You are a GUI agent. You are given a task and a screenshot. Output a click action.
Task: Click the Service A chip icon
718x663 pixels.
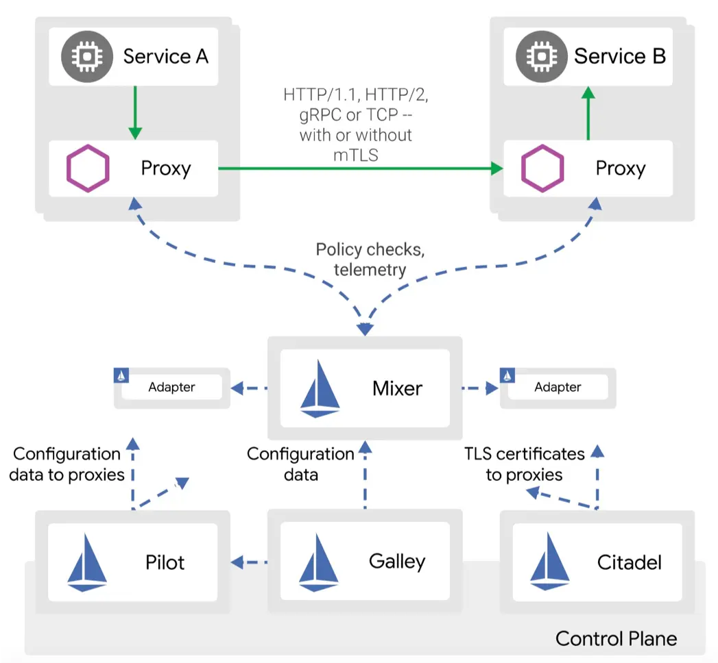coord(87,57)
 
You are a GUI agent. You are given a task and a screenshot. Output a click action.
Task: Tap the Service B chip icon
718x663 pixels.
coord(542,57)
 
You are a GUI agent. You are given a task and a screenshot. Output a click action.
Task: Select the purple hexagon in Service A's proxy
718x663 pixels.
coord(88,168)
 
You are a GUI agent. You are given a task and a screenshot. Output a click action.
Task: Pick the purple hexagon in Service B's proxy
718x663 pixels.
coord(542,168)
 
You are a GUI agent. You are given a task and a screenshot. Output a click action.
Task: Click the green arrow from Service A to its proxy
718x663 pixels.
coord(135,112)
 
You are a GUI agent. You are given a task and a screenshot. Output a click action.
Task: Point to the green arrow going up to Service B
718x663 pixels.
coord(588,113)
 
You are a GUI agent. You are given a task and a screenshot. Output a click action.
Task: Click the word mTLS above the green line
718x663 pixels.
coord(356,155)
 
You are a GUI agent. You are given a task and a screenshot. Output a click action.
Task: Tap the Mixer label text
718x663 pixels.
coord(398,388)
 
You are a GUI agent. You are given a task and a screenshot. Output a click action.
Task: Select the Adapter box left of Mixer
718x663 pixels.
coord(171,388)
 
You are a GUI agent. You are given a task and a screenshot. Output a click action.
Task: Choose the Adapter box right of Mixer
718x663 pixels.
coord(558,388)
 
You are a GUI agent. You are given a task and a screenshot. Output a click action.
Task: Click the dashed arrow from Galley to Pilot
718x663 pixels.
coord(249,562)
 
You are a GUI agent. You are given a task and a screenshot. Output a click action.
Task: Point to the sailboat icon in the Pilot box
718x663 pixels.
coord(87,562)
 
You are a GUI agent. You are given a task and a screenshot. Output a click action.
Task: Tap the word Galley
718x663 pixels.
coord(397,562)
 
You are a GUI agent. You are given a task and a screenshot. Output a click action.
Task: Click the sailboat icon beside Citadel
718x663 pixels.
coord(550,562)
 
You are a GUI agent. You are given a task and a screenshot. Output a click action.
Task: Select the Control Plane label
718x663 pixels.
coord(617,638)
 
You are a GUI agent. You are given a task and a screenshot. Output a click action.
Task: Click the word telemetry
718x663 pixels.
coord(370,270)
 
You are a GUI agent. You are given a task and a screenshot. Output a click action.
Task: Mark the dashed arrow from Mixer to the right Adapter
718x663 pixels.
coord(480,388)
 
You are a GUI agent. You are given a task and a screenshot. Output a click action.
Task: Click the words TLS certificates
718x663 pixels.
coord(525,453)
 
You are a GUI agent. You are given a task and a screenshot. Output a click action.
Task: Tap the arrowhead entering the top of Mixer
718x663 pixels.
coord(365,329)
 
